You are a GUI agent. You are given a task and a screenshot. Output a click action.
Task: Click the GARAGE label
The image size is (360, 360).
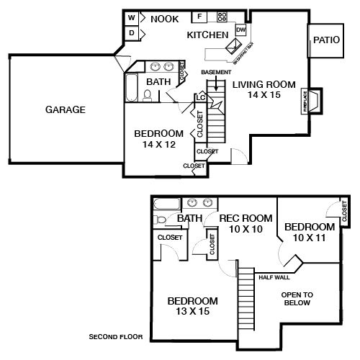point(66,110)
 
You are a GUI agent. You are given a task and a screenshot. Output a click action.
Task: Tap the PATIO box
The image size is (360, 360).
point(323,41)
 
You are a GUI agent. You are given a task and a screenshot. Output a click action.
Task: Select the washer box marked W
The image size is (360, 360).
point(132,18)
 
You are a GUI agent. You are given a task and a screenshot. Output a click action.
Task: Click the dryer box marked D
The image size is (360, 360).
point(132,33)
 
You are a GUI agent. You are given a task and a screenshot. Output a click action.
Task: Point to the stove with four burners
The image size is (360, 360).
point(221,17)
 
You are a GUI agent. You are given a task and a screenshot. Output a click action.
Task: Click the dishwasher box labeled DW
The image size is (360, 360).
point(240,30)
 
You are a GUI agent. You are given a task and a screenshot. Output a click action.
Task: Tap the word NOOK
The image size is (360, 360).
point(164,19)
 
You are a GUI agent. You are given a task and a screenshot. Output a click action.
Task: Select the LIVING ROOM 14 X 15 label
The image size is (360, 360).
point(264,89)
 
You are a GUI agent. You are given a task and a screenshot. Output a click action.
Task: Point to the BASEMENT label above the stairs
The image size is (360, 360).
point(216,72)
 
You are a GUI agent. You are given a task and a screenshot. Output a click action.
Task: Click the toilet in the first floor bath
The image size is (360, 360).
point(147,94)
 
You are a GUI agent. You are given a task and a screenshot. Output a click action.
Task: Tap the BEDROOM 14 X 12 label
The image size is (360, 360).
point(158,138)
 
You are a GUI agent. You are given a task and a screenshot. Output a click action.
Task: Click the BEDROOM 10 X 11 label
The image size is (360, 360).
point(310,231)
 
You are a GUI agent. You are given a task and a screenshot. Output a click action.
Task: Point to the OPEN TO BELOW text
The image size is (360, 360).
point(296,298)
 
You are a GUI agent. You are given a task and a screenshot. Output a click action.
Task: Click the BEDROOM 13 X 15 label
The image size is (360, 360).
point(192,305)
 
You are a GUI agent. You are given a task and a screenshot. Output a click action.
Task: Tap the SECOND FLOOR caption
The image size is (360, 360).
point(115,337)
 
